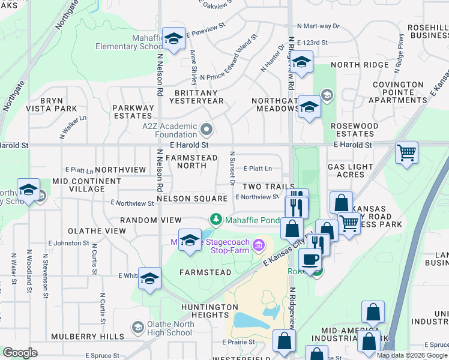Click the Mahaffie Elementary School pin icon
coord(173,40)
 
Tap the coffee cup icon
coord(310,260)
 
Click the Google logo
coord(20,353)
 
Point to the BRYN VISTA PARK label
coord(58,104)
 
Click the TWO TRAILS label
coord(268,187)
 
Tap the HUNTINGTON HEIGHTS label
coord(210,311)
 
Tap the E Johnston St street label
coord(71,243)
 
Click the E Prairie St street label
coord(239,342)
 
